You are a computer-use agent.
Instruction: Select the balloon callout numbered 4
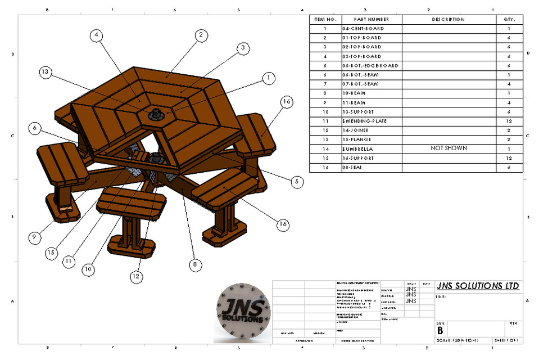pyautogui.click(x=97, y=35)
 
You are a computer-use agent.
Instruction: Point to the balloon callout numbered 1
pyautogui.click(x=269, y=78)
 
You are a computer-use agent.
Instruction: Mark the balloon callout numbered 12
pyautogui.click(x=135, y=276)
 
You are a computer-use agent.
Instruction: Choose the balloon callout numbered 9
pyautogui.click(x=35, y=237)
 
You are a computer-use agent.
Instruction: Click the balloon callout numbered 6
pyautogui.click(x=35, y=128)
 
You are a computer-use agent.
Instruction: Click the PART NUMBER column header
pyautogui.click(x=372, y=19)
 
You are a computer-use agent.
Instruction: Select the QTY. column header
pyautogui.click(x=509, y=19)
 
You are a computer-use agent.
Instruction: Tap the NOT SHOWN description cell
pyautogui.click(x=449, y=148)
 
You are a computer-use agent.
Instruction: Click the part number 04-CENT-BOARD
pyautogui.click(x=364, y=28)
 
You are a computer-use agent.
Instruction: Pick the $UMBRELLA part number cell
pyautogui.click(x=360, y=149)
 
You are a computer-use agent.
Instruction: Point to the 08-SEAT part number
pyautogui.click(x=356, y=168)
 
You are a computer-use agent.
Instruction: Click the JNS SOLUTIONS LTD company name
pyautogui.click(x=478, y=286)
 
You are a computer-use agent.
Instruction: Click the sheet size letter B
pyautogui.click(x=440, y=331)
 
